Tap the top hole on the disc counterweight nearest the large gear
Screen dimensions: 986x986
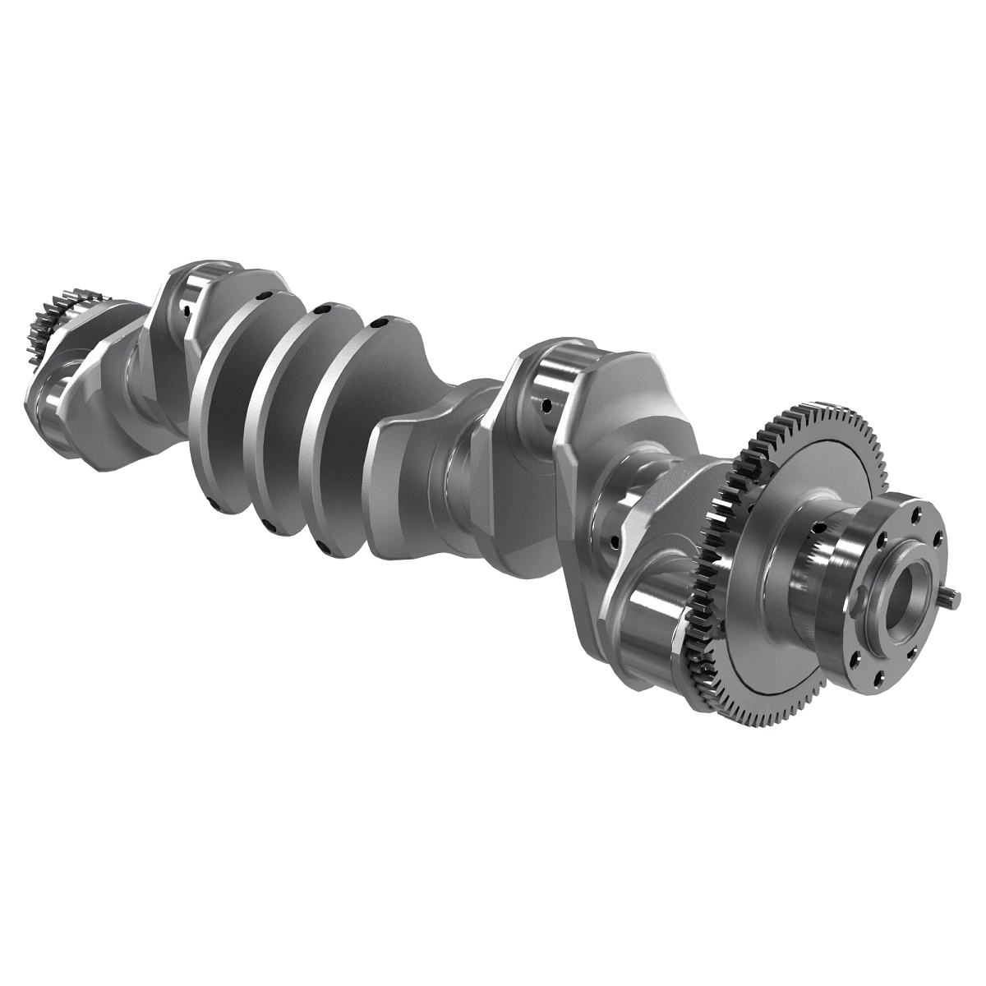point(379,325)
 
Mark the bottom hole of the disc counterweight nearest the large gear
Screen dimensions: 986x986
point(323,547)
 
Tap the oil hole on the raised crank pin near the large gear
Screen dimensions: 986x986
point(546,404)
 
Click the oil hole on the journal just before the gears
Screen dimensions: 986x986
point(611,541)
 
